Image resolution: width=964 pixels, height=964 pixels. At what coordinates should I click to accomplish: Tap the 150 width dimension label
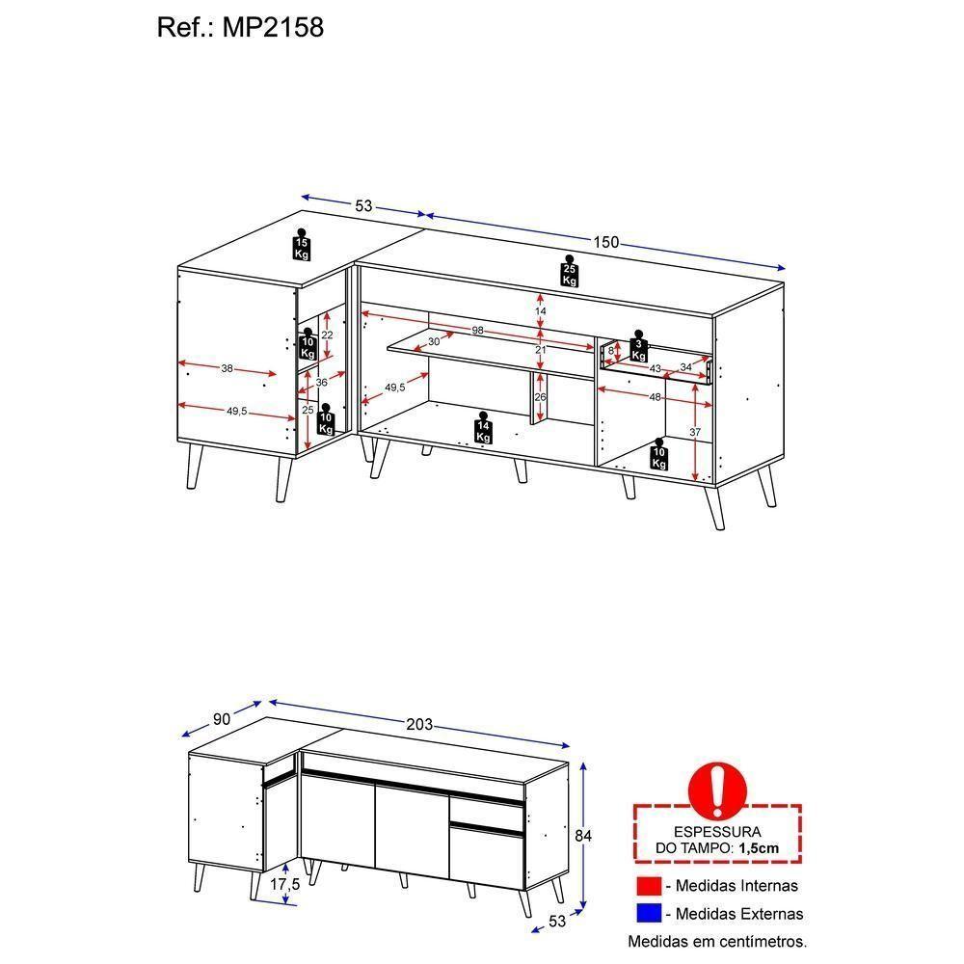tap(605, 243)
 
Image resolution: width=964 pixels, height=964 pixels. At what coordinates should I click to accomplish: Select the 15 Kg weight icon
tap(302, 246)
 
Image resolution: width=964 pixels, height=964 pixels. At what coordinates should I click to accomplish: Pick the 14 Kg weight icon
tap(483, 430)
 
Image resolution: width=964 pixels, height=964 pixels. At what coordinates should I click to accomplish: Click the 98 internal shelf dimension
tap(477, 331)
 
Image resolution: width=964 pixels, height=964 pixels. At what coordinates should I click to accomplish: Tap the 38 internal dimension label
tap(227, 367)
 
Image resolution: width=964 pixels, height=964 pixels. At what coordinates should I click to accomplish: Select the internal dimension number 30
tap(434, 341)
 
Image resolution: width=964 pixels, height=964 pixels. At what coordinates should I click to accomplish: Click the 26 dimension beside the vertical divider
tap(540, 397)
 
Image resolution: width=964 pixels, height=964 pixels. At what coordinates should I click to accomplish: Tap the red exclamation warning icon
tap(717, 789)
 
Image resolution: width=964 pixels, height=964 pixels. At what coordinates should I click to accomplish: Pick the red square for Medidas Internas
tap(650, 886)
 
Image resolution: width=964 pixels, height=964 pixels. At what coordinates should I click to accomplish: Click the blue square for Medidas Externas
tap(650, 914)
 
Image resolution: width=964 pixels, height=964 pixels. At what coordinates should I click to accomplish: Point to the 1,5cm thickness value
tap(759, 848)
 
